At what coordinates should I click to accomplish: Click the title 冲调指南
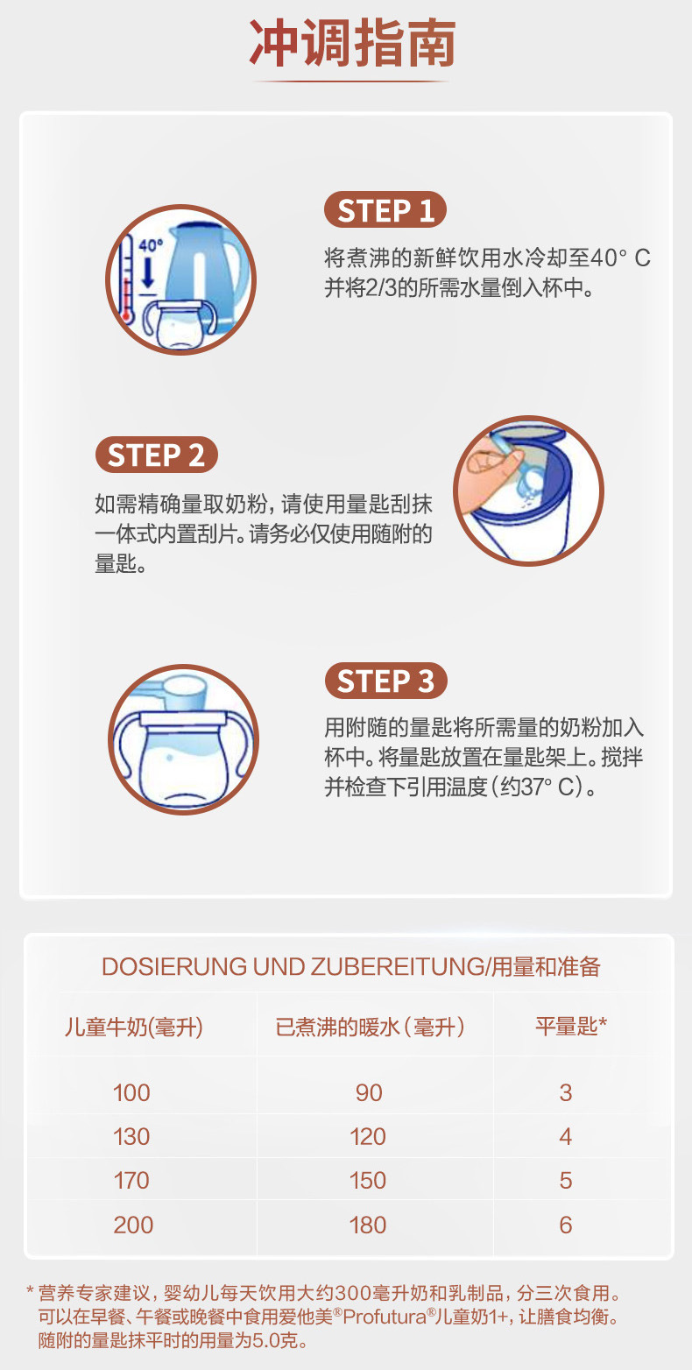tap(352, 44)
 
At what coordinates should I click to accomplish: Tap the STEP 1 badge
tap(385, 211)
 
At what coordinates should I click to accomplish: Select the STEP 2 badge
tap(156, 455)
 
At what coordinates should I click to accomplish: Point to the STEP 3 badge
tap(385, 681)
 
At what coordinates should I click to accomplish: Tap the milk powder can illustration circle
tap(528, 490)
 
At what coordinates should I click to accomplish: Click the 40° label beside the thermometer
tap(151, 246)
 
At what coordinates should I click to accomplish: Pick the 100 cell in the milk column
tap(131, 1092)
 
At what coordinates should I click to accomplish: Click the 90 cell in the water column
tap(369, 1092)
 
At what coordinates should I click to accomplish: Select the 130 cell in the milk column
tap(131, 1136)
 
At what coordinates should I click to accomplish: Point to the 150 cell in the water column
tap(368, 1180)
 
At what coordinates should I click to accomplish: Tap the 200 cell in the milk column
tap(132, 1225)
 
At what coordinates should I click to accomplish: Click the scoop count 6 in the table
tap(566, 1225)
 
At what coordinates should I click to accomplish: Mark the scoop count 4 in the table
tap(566, 1136)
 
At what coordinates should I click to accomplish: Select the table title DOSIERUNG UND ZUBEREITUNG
tap(293, 967)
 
